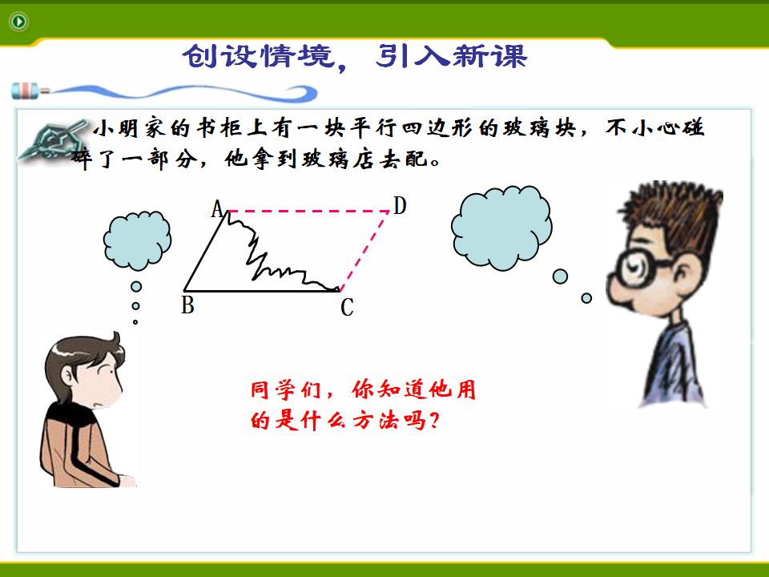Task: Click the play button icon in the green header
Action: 18,22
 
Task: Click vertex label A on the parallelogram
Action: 217,209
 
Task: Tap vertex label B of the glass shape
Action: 187,305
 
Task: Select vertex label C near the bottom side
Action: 347,308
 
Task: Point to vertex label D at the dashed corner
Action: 400,206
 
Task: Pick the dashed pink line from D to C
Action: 364,251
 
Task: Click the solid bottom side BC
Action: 261,290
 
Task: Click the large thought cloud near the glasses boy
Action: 501,228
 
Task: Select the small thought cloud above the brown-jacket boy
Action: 137,240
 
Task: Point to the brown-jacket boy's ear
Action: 67,377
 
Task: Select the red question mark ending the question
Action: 433,420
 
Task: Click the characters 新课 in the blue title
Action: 490,55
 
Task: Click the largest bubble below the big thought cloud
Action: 560,276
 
